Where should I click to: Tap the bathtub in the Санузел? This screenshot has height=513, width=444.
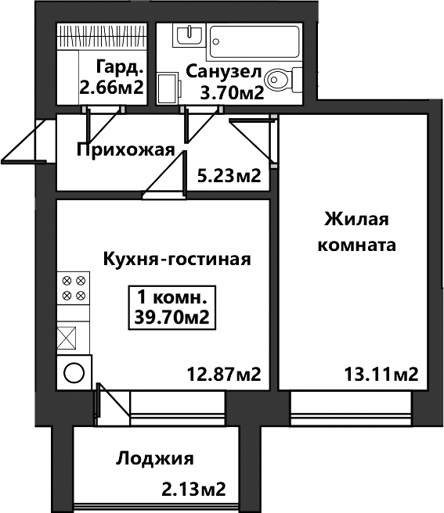pos(254,41)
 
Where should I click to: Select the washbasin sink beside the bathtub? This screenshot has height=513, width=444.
pos(189,35)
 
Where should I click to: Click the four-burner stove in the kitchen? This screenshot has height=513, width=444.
pos(74,289)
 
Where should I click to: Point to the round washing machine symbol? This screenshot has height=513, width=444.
pos(74,373)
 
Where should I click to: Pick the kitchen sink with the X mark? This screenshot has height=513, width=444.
pos(67,338)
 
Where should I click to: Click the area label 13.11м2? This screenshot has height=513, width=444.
pos(381,374)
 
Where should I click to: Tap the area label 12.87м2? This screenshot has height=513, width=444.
pos(224,374)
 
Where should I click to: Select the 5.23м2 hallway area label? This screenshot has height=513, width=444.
pos(229,176)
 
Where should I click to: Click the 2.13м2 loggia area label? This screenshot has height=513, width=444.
pos(194,489)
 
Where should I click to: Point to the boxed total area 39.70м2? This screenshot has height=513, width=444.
pos(172,317)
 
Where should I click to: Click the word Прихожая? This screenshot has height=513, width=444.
pos(126,150)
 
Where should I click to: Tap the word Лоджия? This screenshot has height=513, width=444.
pos(155,459)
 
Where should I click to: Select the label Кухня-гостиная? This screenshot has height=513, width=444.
pos(177,259)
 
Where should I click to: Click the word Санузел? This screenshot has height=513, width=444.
pos(224,72)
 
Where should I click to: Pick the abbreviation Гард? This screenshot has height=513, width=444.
pos(121,67)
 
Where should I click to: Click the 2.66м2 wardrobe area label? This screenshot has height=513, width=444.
pos(112,88)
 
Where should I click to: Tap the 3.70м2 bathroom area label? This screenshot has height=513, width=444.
pos(233,93)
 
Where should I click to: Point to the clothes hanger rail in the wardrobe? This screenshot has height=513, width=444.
pos(102,36)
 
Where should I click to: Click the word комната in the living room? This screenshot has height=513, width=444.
pos(357,245)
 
